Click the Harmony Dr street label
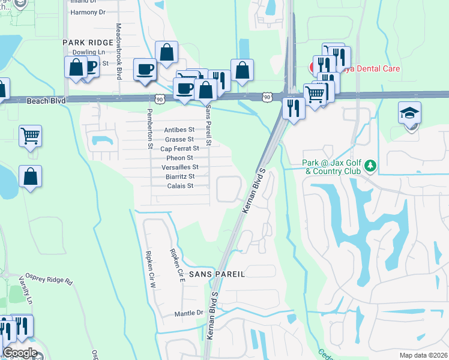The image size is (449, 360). [x=88, y=12]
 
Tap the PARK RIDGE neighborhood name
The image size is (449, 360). [x=88, y=43]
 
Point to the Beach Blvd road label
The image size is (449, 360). [x=46, y=101]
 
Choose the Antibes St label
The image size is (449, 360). [x=179, y=130]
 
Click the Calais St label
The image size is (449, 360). [x=181, y=186]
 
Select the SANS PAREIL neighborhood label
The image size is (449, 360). [x=217, y=274]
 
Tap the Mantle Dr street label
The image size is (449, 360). [x=188, y=313]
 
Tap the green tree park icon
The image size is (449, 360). [x=371, y=164]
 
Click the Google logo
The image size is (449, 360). [x=20, y=353]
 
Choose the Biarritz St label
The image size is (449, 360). [x=180, y=176]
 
